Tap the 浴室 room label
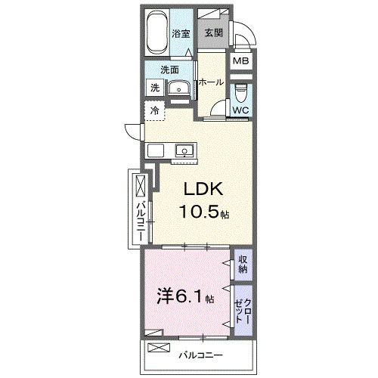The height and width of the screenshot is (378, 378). (180, 33)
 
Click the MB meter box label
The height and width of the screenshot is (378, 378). (240, 62)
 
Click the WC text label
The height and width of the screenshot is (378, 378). (240, 111)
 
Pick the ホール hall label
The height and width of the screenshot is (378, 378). (211, 82)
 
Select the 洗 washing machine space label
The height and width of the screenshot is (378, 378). (153, 88)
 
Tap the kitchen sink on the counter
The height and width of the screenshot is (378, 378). (184, 151)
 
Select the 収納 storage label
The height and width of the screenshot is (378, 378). (243, 264)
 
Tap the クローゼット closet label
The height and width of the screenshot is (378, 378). (243, 308)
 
